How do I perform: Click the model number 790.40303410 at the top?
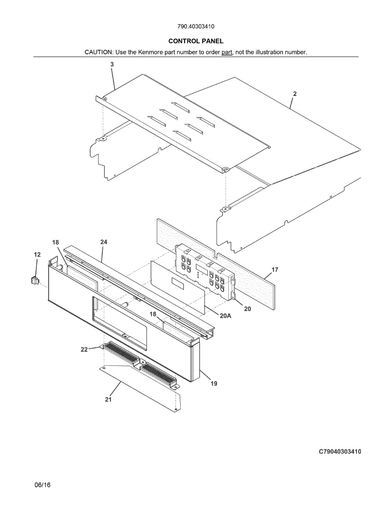pos(196,26)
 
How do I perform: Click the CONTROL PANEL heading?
pos(196,41)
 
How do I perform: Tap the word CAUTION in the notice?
pos(99,52)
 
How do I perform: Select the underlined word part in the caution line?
pos(227,52)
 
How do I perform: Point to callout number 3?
pos(112,64)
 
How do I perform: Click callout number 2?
pos(294,94)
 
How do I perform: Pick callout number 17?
pos(275,270)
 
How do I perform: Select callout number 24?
pos(104,242)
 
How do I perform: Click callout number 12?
pos(37,254)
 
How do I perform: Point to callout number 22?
pos(85,349)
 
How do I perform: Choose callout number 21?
pos(108,399)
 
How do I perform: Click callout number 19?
pos(214,384)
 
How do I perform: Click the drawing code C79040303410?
pos(340,452)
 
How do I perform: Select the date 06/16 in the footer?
pos(42,485)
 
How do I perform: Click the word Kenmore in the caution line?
pos(151,52)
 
